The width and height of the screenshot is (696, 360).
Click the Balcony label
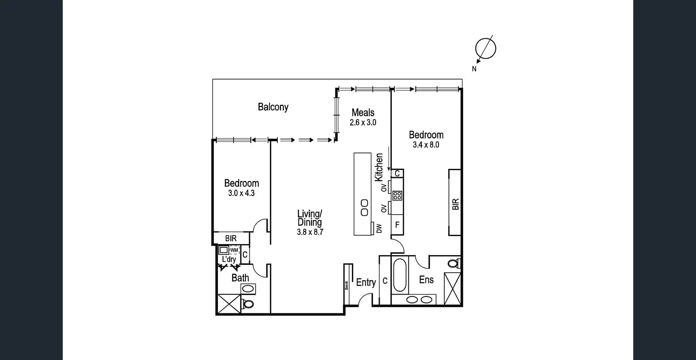pyautogui.click(x=273, y=107)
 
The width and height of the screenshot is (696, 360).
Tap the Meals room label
pyautogui.click(x=363, y=112)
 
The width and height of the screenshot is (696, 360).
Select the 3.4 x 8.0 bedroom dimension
pyautogui.click(x=426, y=145)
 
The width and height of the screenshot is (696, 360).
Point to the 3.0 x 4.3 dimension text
pyautogui.click(x=241, y=193)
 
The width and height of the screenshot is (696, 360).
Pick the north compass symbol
pyautogui.click(x=485, y=48)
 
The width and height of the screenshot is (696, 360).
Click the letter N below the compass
pyautogui.click(x=474, y=69)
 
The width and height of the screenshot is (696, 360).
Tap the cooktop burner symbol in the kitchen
pyautogui.click(x=397, y=196)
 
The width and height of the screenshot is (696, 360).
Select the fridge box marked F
pyautogui.click(x=397, y=225)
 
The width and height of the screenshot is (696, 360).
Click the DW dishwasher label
pyautogui.click(x=379, y=228)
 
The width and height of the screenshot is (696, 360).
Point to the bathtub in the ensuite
pyautogui.click(x=399, y=275)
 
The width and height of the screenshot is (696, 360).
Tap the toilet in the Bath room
pyautogui.click(x=248, y=304)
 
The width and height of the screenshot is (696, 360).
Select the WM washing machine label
pyautogui.click(x=234, y=250)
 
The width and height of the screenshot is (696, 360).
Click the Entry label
pyautogui.click(x=366, y=282)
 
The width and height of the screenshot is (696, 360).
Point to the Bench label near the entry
pyautogui.click(x=347, y=285)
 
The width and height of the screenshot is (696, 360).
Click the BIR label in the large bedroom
pyautogui.click(x=456, y=204)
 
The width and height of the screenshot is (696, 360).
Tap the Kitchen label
pyautogui.click(x=379, y=167)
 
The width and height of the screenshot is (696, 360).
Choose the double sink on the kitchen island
pyautogui.click(x=365, y=207)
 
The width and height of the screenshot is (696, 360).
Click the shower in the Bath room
pyautogui.click(x=229, y=304)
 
